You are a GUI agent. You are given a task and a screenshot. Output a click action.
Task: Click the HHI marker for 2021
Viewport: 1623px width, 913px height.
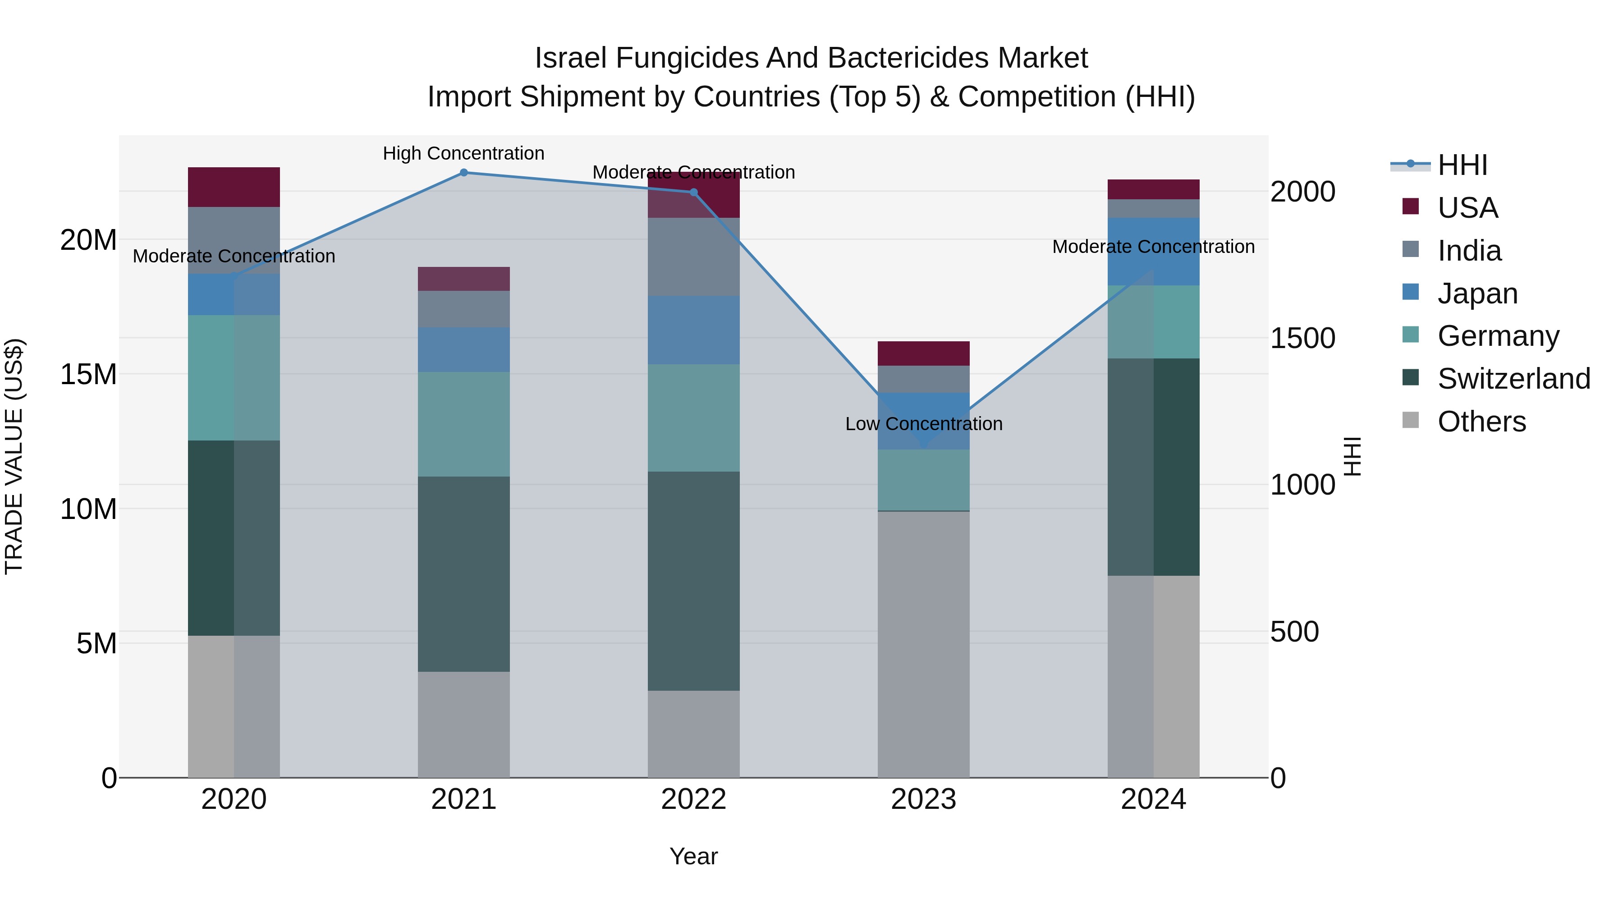(x=464, y=173)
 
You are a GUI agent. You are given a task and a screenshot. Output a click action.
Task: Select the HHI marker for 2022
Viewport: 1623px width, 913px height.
(x=694, y=192)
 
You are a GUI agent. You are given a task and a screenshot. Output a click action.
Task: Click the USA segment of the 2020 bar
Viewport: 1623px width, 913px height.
(x=234, y=187)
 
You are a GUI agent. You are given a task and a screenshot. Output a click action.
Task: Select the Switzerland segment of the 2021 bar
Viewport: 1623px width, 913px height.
(x=464, y=573)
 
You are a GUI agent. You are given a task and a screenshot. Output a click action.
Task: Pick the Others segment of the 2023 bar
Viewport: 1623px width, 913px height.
(x=924, y=644)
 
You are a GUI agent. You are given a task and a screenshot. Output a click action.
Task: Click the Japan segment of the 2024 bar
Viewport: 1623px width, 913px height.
(x=1154, y=252)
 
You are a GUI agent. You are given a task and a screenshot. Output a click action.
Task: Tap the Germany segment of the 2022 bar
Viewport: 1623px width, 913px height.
(x=694, y=418)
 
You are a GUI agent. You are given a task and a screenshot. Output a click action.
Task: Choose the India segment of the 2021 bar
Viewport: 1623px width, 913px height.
(x=464, y=309)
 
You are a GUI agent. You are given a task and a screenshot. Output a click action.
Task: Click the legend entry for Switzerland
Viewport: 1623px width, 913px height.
(x=1513, y=379)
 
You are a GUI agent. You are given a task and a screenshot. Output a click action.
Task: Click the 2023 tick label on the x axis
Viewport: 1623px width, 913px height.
(x=924, y=799)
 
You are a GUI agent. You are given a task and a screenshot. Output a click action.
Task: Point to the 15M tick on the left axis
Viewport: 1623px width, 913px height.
(x=88, y=374)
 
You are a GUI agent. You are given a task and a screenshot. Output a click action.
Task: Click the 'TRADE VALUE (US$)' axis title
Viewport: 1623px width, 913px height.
(x=14, y=456)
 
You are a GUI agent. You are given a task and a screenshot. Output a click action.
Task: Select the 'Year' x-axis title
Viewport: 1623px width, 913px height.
(x=694, y=856)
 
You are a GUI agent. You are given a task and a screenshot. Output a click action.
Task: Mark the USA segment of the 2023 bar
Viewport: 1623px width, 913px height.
(x=924, y=353)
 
